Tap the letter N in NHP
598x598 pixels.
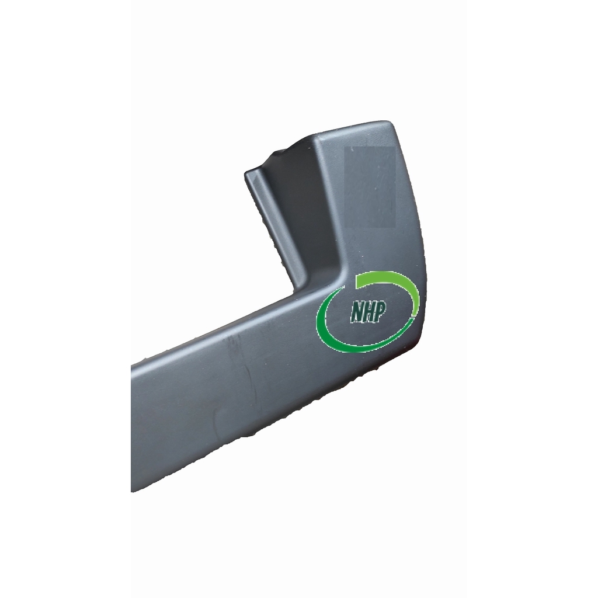pyautogui.click(x=357, y=313)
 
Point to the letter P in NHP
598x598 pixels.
pyautogui.click(x=380, y=311)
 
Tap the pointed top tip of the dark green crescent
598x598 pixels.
pyautogui.click(x=345, y=286)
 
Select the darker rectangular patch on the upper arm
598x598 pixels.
pyautogui.click(x=370, y=187)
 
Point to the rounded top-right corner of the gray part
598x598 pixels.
pyautogui.click(x=389, y=124)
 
